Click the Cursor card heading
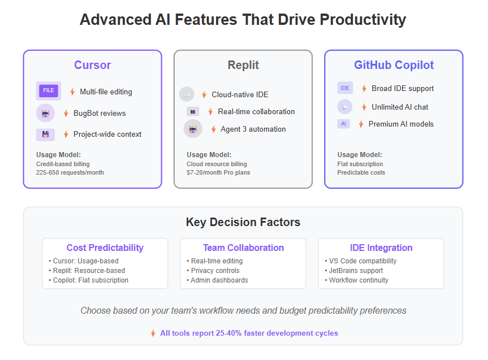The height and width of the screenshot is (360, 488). (92, 65)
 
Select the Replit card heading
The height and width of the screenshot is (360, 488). (243, 65)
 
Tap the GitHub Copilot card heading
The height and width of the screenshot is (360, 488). (394, 65)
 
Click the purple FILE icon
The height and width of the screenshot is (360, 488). (49, 90)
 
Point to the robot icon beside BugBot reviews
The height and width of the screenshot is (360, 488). (45, 113)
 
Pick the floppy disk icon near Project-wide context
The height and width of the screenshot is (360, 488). (45, 135)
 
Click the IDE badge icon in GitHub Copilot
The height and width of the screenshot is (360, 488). (345, 88)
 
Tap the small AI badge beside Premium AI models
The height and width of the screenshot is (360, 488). (344, 124)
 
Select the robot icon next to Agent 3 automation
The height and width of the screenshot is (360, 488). (193, 129)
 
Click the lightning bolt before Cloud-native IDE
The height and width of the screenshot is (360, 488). (204, 94)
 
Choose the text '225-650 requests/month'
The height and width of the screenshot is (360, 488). (70, 172)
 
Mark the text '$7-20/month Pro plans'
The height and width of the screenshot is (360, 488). (218, 172)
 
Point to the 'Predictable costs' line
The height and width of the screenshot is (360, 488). (361, 172)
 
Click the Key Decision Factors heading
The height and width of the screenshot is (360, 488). (243, 222)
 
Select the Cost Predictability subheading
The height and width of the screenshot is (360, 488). (105, 248)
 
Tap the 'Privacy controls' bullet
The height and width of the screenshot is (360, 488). (213, 271)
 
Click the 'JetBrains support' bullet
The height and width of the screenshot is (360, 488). (354, 271)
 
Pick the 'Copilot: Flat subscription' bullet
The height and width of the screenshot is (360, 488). (89, 280)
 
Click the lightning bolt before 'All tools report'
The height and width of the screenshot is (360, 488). (153, 333)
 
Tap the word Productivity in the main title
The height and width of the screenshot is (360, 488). (363, 20)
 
